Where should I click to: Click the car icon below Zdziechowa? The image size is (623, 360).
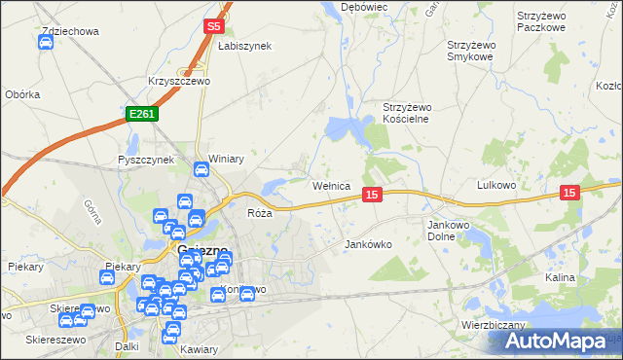click(46, 43)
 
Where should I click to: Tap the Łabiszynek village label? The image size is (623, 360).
click(244, 46)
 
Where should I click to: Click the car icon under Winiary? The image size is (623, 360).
click(202, 171)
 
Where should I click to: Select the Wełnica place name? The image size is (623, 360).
click(330, 186)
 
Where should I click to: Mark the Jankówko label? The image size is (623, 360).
click(368, 245)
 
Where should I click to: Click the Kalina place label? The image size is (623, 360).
click(560, 277)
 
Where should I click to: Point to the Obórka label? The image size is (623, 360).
click(21, 94)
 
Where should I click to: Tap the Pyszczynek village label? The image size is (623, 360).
click(145, 160)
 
